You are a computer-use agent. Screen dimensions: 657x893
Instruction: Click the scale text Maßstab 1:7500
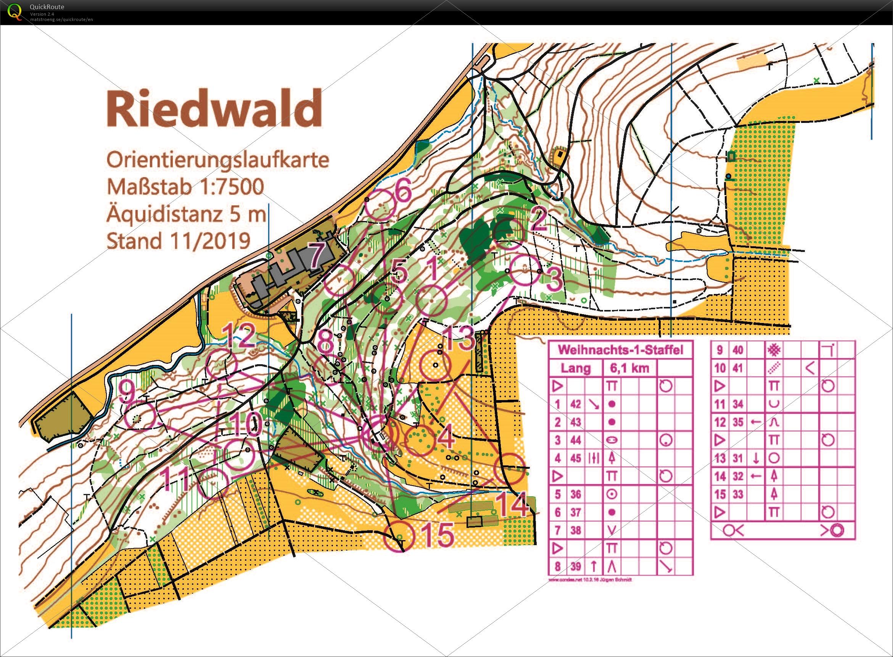pyautogui.click(x=185, y=187)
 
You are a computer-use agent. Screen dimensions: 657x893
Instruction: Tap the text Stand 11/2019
pyautogui.click(x=179, y=240)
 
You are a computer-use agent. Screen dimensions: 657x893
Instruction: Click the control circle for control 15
pyautogui.click(x=399, y=537)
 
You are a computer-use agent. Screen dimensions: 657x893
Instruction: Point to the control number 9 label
pyautogui.click(x=127, y=392)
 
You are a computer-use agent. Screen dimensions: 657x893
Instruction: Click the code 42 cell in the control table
pyautogui.click(x=576, y=404)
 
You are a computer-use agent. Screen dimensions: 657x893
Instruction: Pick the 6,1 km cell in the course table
pyautogui.click(x=629, y=368)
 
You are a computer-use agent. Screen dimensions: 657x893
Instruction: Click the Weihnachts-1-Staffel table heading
pyautogui.click(x=620, y=350)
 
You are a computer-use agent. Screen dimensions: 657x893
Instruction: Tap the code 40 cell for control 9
pyautogui.click(x=738, y=350)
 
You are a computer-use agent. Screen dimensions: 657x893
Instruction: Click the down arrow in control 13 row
pyautogui.click(x=756, y=458)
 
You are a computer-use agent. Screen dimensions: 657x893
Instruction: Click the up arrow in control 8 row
pyautogui.click(x=594, y=566)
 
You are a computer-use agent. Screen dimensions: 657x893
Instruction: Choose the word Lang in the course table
pyautogui.click(x=575, y=368)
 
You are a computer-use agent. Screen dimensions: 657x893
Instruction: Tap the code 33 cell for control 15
pyautogui.click(x=738, y=494)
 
